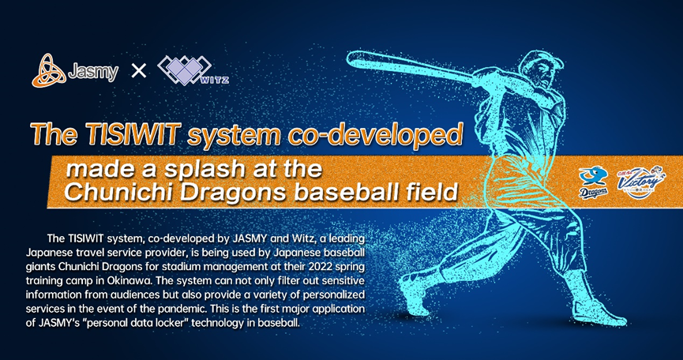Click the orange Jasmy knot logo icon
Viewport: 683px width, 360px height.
49,70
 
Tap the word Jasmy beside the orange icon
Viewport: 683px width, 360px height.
93,72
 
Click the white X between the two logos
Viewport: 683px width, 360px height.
139,70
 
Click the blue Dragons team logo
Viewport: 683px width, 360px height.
593,183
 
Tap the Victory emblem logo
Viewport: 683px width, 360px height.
640,182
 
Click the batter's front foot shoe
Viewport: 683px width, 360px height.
415,292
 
